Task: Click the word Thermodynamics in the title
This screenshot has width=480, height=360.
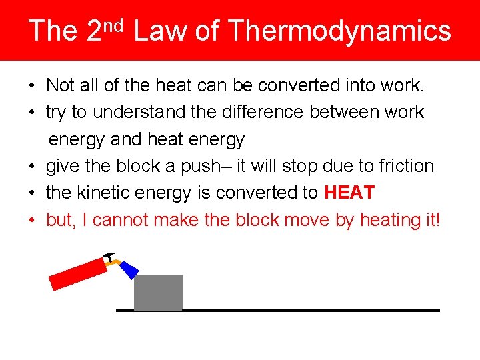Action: (x=339, y=31)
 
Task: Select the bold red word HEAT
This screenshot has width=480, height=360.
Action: (x=349, y=193)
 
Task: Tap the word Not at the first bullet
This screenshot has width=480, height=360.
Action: (x=60, y=85)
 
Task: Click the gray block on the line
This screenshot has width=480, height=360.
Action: (x=158, y=292)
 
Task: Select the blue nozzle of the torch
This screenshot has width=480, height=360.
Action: (x=130, y=269)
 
